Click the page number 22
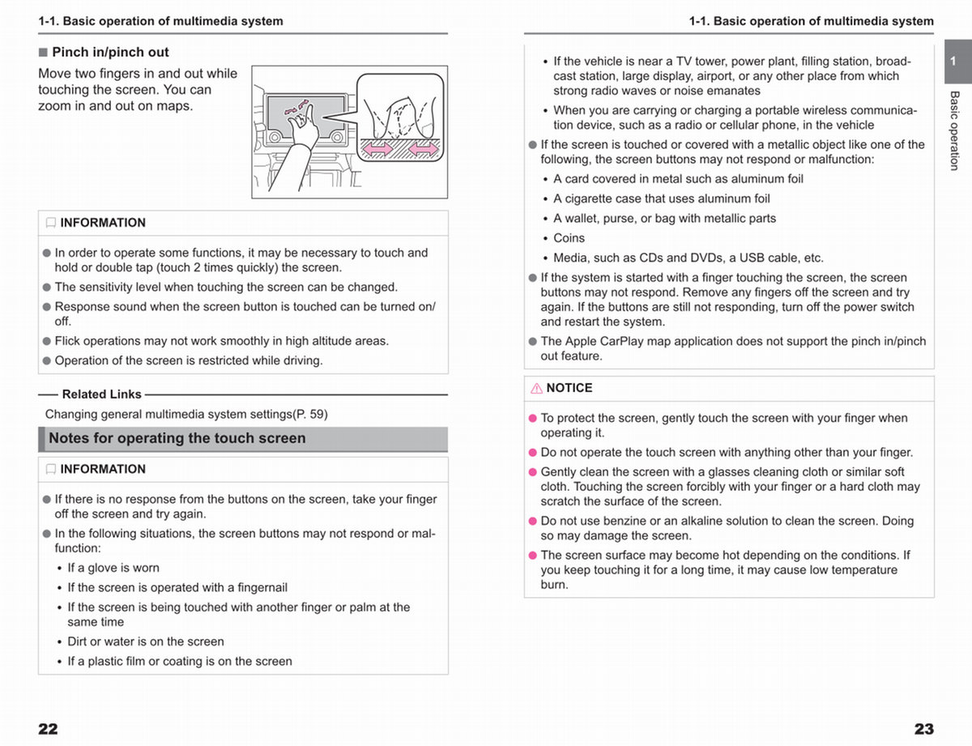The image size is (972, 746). [48, 728]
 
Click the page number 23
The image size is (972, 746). [923, 728]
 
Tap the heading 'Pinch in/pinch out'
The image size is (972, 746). [110, 52]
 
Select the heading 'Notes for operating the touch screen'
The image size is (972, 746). [177, 438]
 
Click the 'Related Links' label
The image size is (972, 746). [101, 394]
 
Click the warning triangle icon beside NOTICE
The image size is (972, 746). [536, 388]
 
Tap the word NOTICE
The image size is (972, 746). [569, 388]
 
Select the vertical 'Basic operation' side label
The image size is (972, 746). [954, 130]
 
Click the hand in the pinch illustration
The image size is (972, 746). [303, 124]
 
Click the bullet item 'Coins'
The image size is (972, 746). [569, 238]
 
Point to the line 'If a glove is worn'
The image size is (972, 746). [113, 568]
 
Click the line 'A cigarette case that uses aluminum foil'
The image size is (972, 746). [662, 198]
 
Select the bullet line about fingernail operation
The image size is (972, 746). [177, 587]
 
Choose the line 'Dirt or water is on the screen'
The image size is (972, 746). [146, 642]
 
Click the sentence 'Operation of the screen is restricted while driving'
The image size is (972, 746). [189, 360]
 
